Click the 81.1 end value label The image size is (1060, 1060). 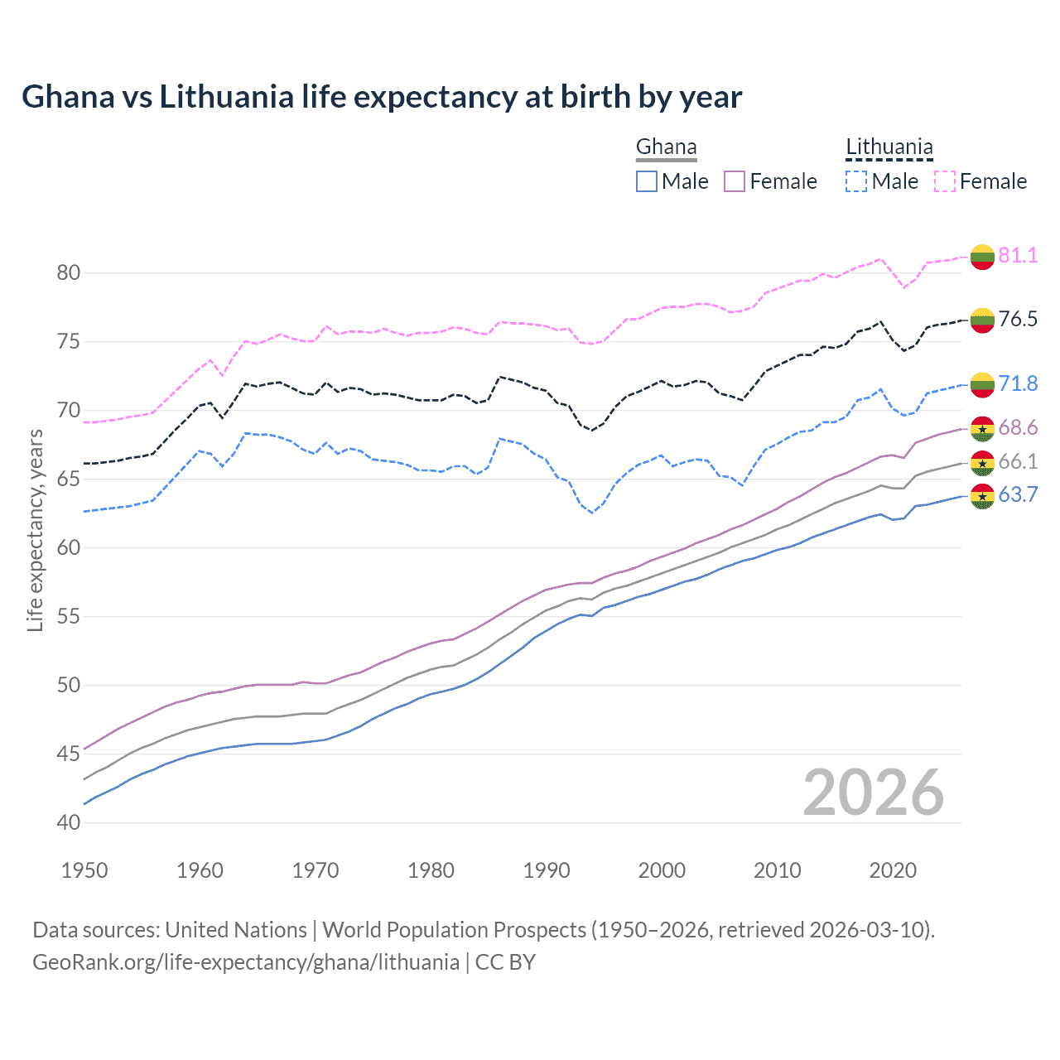1018,255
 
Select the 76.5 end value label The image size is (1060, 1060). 1018,319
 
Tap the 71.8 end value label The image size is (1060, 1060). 1018,383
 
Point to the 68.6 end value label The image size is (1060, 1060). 1018,427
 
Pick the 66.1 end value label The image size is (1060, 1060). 1018,461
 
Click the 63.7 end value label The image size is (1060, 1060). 1018,495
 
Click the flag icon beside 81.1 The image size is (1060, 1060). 982,257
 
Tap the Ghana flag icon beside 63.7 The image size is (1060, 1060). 982,496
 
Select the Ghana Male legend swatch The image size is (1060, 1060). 647,181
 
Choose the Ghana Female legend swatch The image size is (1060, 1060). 735,181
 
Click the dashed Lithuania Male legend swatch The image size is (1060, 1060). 856,181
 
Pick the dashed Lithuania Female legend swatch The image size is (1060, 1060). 945,181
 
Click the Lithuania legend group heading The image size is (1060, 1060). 889,147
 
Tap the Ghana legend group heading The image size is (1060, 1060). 666,147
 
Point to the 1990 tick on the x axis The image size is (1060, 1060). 547,870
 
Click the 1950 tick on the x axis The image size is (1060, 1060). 84,870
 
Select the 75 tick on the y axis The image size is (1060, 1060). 69,342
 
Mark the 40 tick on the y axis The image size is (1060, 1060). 69,822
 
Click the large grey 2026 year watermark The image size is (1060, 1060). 873,793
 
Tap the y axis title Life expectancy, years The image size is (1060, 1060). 36,530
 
